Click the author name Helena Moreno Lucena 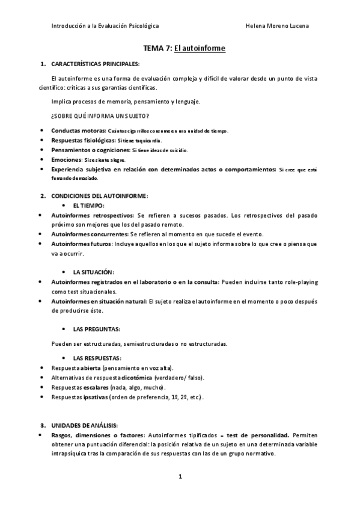pos(278,26)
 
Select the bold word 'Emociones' pos(66,159)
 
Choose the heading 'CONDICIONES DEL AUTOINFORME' pos(96,196)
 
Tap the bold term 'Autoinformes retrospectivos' pos(93,215)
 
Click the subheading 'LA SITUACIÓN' pos(93,272)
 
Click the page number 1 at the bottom pos(180,477)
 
